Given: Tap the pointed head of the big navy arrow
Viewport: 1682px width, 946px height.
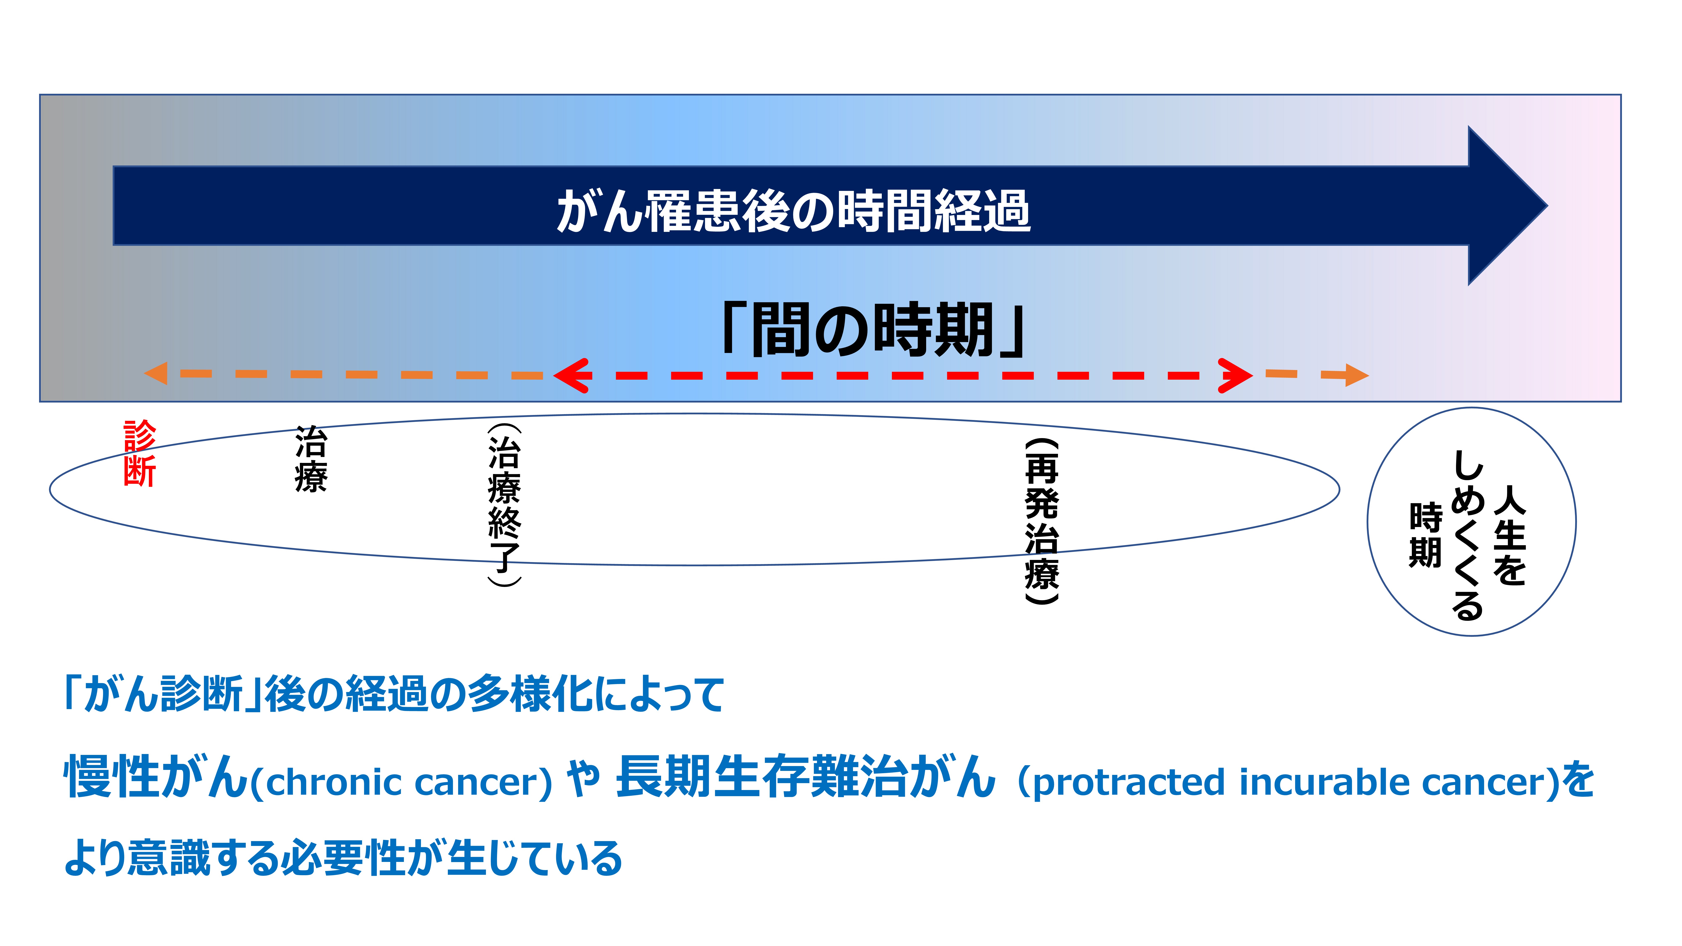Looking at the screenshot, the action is [1546, 206].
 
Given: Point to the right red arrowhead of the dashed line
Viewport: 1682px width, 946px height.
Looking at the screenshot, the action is [1235, 375].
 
